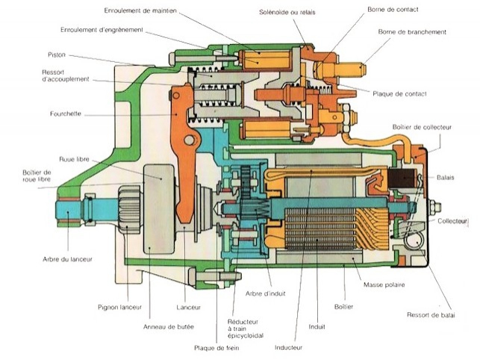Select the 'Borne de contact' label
pyautogui.click(x=393, y=10)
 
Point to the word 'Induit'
pyautogui.click(x=317, y=326)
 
